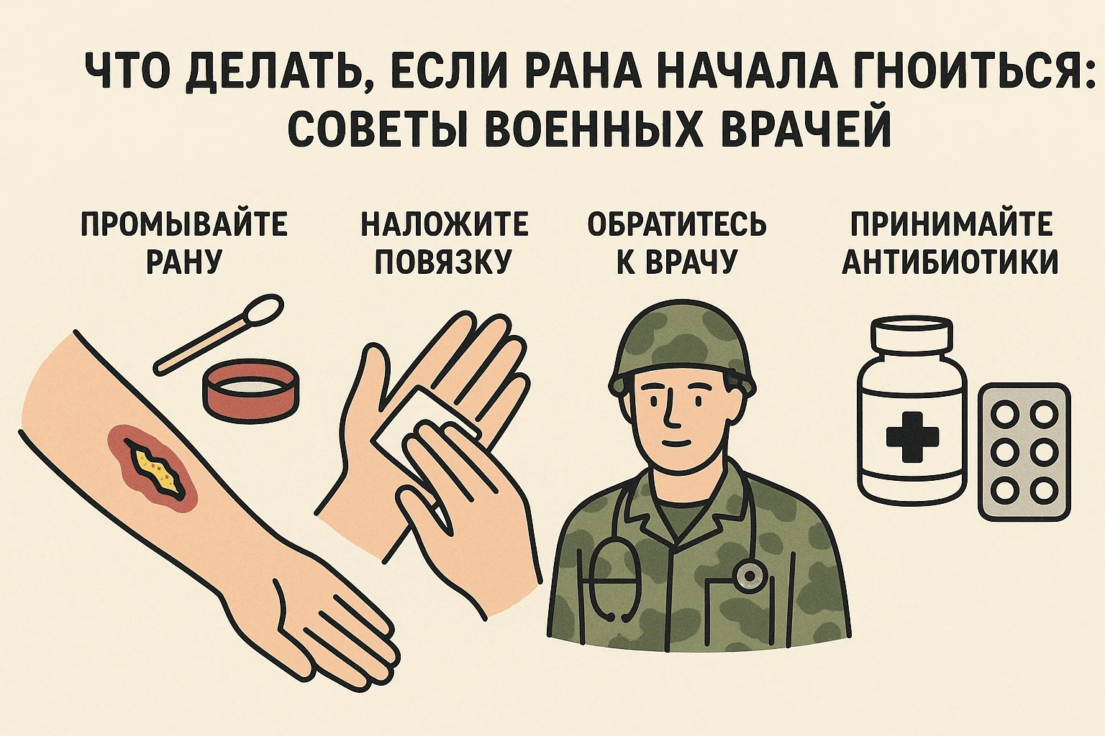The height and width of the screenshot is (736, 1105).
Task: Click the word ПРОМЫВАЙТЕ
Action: [183, 224]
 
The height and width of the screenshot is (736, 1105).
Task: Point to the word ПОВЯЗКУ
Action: [442, 261]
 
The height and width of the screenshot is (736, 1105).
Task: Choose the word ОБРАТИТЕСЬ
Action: [677, 224]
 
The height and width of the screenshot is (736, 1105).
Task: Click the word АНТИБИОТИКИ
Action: [950, 261]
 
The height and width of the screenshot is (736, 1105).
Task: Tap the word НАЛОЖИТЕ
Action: [445, 224]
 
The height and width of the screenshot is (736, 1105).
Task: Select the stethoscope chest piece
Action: [749, 576]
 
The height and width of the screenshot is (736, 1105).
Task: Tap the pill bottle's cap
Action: [911, 335]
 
